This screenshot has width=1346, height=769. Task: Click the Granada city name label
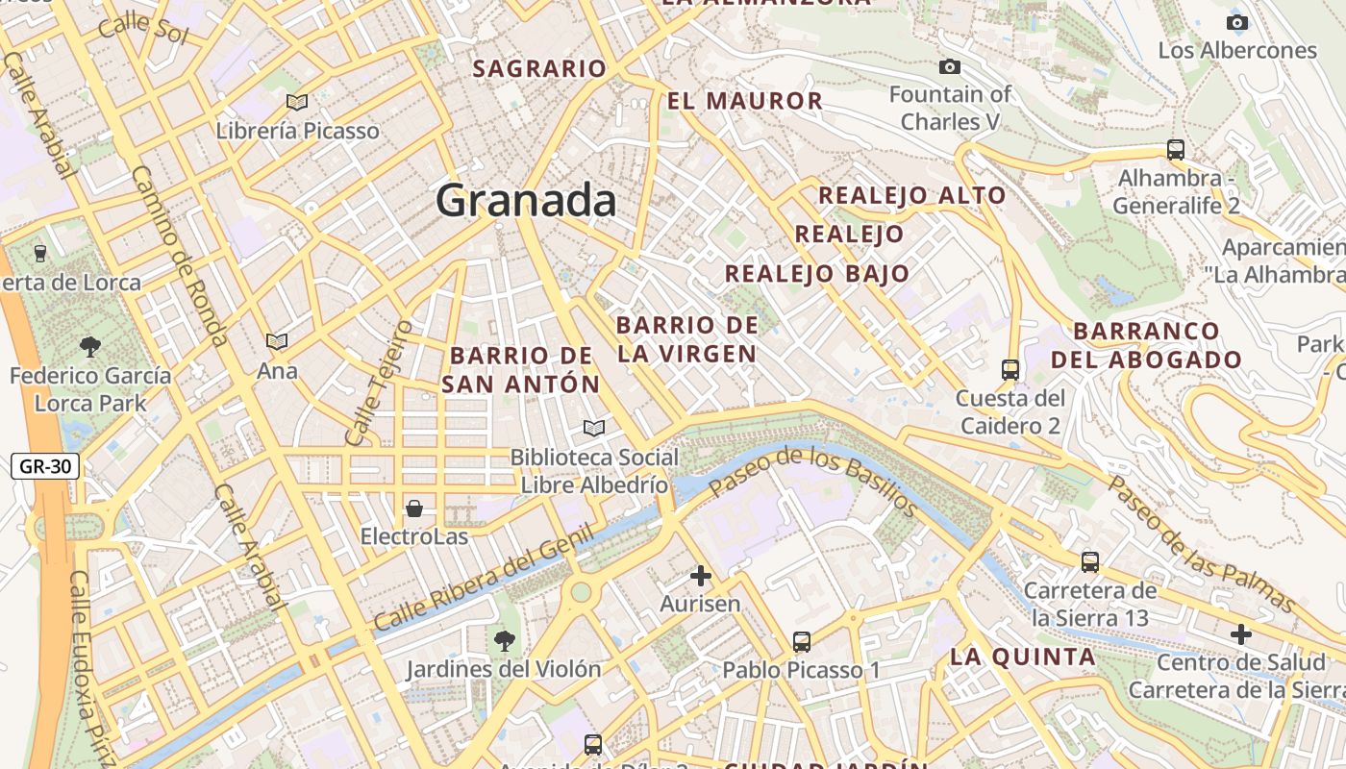pyautogui.click(x=526, y=200)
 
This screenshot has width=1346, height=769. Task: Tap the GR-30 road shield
pyautogui.click(x=45, y=467)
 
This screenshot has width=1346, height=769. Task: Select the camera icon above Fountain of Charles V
pyautogui.click(x=949, y=66)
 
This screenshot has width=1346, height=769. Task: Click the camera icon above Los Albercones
pyautogui.click(x=1237, y=22)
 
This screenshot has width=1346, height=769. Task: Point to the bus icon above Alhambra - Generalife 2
pyautogui.click(x=1175, y=150)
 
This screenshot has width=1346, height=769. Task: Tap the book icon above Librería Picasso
pyautogui.click(x=297, y=102)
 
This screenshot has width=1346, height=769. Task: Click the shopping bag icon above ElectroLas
pyautogui.click(x=414, y=508)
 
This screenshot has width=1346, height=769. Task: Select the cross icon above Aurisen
pyautogui.click(x=701, y=576)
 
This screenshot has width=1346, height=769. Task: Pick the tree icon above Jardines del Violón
pyautogui.click(x=503, y=640)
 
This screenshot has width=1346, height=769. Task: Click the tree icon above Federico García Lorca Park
pyautogui.click(x=90, y=346)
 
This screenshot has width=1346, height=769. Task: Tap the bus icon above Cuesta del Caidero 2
pyautogui.click(x=1009, y=369)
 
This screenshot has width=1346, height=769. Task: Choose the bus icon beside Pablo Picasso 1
pyautogui.click(x=801, y=641)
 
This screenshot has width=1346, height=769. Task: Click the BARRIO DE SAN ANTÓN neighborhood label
pyautogui.click(x=521, y=370)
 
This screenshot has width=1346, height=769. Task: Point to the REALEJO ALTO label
pyautogui.click(x=911, y=196)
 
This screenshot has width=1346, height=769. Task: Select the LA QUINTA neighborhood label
pyautogui.click(x=1023, y=657)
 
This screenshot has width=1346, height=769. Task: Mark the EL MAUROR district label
pyautogui.click(x=745, y=101)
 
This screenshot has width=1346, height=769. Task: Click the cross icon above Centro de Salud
pyautogui.click(x=1241, y=634)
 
